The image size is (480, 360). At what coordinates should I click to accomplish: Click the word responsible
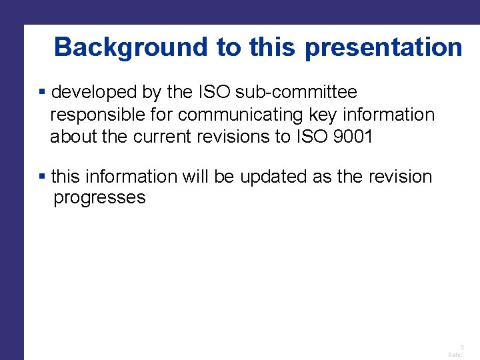coord(97,115)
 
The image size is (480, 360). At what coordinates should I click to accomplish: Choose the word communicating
coord(237,115)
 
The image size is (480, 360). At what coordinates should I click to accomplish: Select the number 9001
coord(353,137)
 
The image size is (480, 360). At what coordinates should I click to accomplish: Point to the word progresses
coord(99,198)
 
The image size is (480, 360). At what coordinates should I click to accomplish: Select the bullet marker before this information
coord(43,177)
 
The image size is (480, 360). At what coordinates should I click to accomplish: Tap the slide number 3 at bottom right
coord(461,347)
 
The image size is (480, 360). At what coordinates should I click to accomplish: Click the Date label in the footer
coord(455,355)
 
